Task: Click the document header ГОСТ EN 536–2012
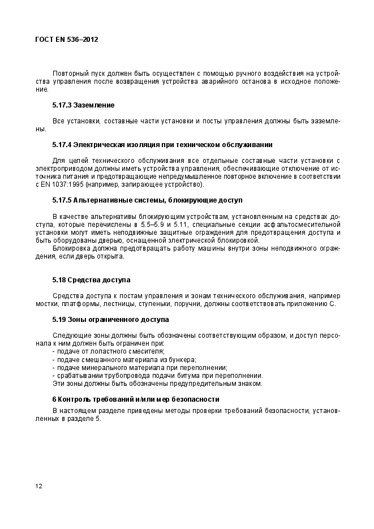(x=67, y=40)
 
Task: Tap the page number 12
(x=38, y=486)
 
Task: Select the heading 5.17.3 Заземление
(x=83, y=105)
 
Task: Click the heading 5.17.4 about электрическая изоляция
(x=162, y=144)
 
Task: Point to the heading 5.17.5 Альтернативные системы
(x=147, y=200)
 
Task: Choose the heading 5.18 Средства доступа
(x=91, y=280)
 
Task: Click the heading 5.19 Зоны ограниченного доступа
(x=110, y=319)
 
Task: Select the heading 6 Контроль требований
(x=135, y=399)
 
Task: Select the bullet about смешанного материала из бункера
(x=124, y=359)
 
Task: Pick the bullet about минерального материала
(x=139, y=367)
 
